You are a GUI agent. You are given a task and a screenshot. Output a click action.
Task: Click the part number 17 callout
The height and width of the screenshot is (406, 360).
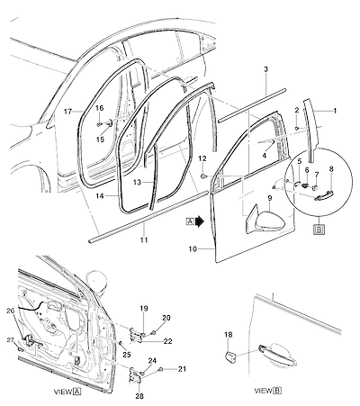68,112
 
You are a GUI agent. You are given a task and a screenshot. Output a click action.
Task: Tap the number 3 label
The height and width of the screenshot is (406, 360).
265,69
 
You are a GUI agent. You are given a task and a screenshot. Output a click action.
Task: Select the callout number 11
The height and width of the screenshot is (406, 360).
144,240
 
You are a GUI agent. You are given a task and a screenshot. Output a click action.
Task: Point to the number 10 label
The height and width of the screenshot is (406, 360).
193,249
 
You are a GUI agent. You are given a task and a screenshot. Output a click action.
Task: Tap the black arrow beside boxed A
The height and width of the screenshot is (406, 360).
200,221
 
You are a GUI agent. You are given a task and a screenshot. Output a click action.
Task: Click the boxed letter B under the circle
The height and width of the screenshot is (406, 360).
319,230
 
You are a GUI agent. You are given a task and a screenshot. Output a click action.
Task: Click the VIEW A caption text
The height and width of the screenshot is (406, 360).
67,392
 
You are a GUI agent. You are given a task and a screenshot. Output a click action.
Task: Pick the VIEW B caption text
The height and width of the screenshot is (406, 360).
268,391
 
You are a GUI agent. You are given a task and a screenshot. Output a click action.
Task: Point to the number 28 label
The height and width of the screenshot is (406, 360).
139,396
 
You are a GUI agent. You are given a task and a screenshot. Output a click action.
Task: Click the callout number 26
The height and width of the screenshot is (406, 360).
11,311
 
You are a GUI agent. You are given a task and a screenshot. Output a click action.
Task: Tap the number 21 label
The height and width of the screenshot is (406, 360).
182,369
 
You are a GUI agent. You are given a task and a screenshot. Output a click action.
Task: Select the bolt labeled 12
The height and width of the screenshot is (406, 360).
204,176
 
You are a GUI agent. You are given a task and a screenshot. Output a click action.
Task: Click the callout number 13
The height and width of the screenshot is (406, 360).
137,183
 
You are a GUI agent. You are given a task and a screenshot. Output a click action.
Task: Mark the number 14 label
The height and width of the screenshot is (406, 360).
100,196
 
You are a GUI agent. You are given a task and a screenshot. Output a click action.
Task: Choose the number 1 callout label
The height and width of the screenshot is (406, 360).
335,111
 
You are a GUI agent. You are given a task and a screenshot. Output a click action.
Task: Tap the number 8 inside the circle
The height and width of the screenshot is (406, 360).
331,169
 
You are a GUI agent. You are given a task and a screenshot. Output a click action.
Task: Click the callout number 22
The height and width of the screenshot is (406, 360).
168,341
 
